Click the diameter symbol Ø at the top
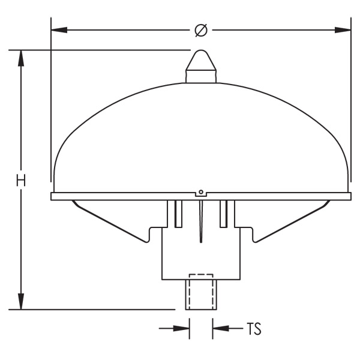pyautogui.click(x=201, y=29)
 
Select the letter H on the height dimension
pyautogui.click(x=22, y=180)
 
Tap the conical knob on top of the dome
pyautogui.click(x=201, y=66)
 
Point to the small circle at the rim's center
pyautogui.click(x=202, y=193)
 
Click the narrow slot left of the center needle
pyautogui.click(x=178, y=213)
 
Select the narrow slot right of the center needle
pyautogui.click(x=224, y=213)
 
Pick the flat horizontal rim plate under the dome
pyautogui.click(x=120, y=196)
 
